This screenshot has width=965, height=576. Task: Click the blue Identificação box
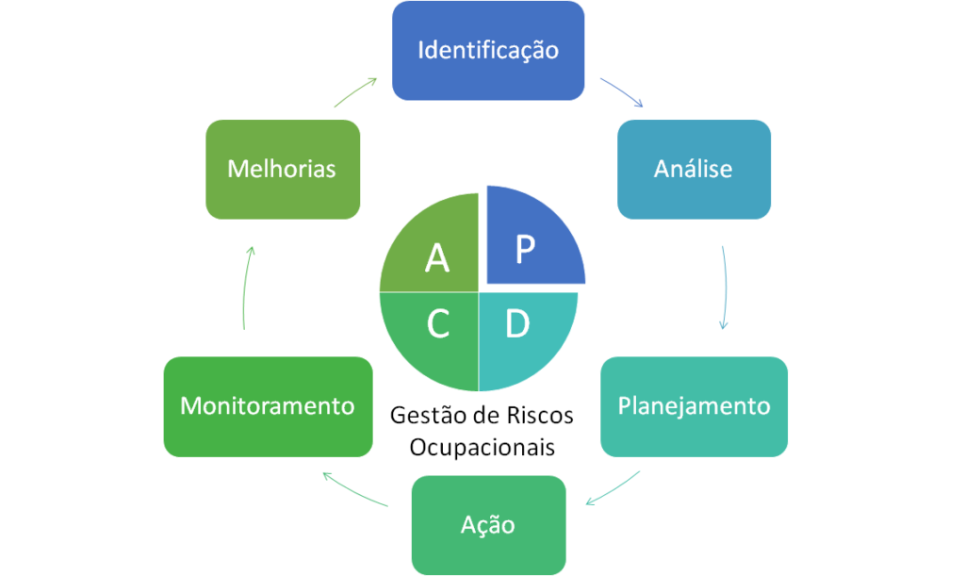(x=487, y=50)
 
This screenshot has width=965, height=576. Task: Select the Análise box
(x=693, y=170)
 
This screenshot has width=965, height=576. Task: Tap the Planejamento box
(x=693, y=406)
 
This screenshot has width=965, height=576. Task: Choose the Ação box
(x=487, y=524)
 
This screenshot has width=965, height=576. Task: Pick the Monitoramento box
(x=268, y=406)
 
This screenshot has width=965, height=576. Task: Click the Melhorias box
(x=282, y=170)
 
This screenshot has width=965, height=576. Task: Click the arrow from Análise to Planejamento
(x=725, y=288)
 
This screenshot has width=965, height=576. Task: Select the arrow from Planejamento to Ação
(x=613, y=487)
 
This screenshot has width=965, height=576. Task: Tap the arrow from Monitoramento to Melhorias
(x=245, y=288)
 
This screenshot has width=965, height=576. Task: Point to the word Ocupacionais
(x=482, y=446)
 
